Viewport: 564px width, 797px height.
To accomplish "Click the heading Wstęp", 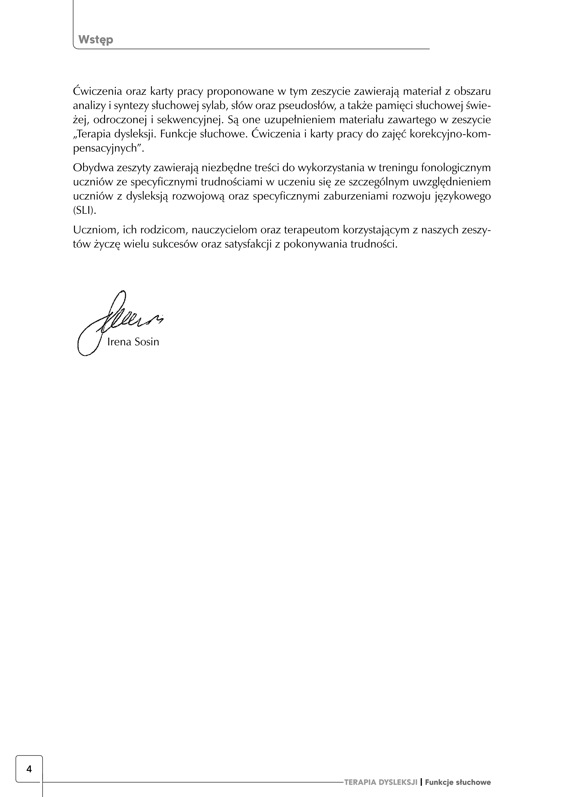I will pos(96,40).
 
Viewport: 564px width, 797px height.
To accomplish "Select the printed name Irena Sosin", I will pos(133,342).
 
